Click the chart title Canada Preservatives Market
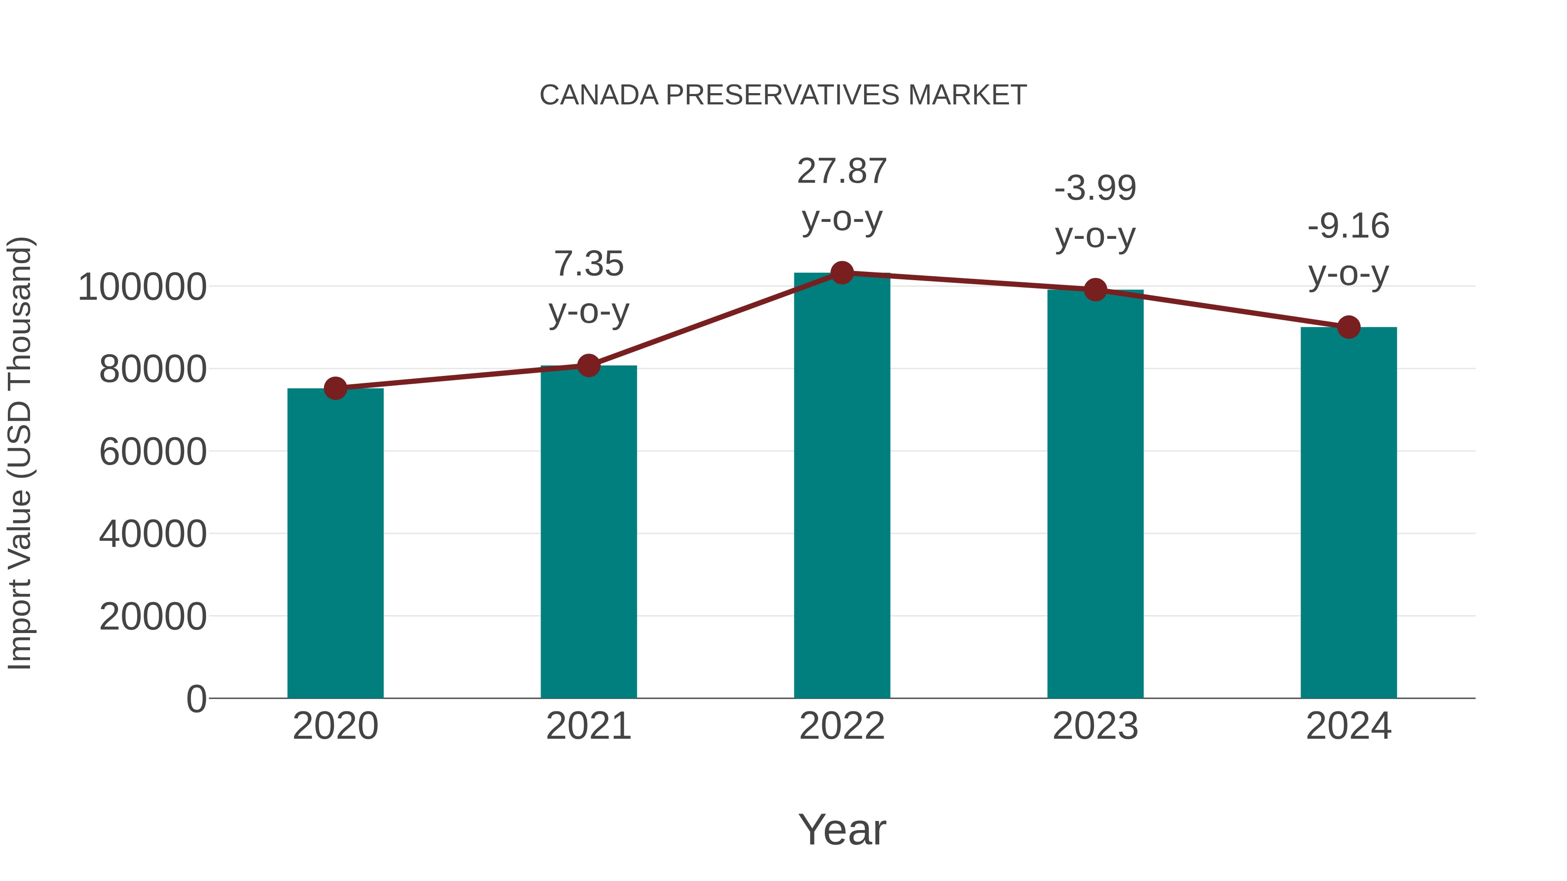click(x=783, y=95)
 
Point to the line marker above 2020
click(x=335, y=388)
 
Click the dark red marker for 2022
click(x=841, y=273)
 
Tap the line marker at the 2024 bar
click(x=1348, y=327)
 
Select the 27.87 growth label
click(x=841, y=171)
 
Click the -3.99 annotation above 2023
click(x=1095, y=188)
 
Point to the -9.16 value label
click(x=1348, y=227)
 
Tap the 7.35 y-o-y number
click(x=588, y=265)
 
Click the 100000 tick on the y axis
click(x=142, y=288)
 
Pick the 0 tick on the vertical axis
click(x=196, y=699)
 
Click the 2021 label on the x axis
click(x=588, y=726)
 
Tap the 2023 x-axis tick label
click(x=1095, y=726)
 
